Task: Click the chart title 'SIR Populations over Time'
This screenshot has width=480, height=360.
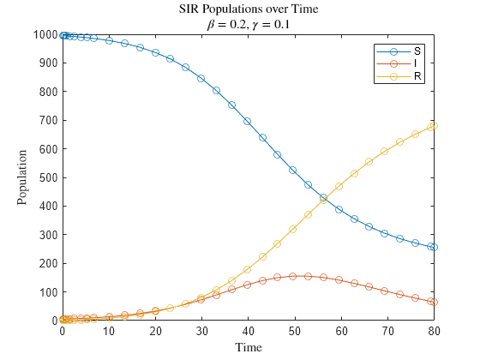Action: tap(249, 9)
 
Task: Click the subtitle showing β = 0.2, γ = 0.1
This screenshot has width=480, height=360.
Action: tap(249, 24)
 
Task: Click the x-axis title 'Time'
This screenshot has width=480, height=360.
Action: tap(249, 347)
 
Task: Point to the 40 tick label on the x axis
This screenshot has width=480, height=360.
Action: tap(248, 330)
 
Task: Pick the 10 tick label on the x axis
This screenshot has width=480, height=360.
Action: tap(109, 330)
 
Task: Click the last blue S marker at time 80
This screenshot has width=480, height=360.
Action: tap(434, 247)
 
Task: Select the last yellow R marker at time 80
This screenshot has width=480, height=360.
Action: tap(434, 126)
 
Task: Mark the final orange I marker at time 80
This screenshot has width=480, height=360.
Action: tap(434, 302)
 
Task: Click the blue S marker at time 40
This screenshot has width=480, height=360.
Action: tap(248, 121)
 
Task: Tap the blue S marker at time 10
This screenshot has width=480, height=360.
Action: tap(109, 40)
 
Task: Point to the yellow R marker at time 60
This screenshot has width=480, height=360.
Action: tap(339, 186)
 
